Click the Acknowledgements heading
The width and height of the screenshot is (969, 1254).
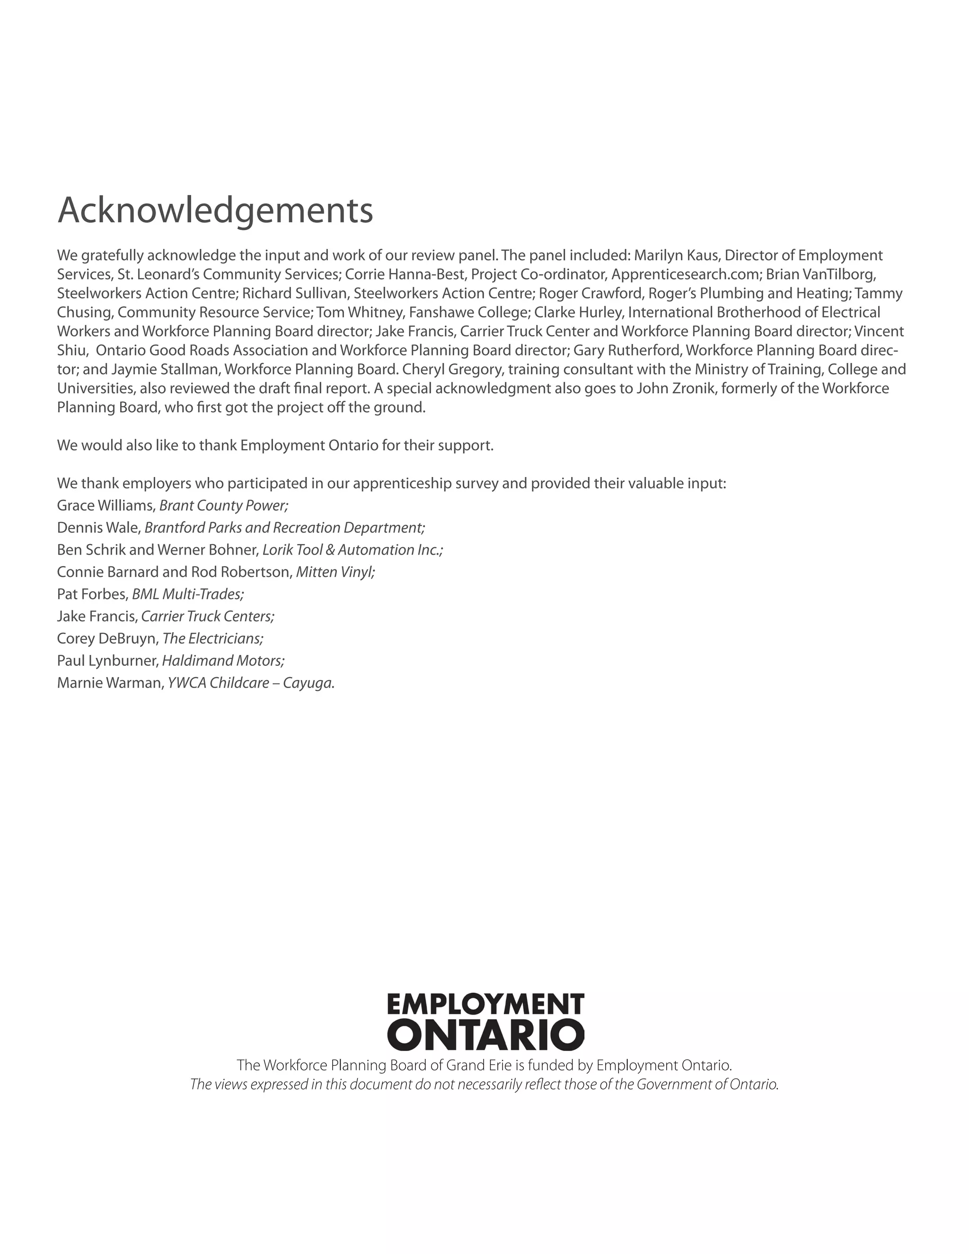point(215,210)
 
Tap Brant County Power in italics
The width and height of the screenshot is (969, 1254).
point(223,505)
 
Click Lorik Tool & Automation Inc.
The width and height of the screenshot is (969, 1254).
point(352,549)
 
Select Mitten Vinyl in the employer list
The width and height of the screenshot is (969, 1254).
point(335,572)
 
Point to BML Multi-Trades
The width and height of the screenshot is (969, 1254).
point(188,594)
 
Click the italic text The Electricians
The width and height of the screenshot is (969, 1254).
point(212,638)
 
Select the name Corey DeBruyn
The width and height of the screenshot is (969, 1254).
point(106,638)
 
